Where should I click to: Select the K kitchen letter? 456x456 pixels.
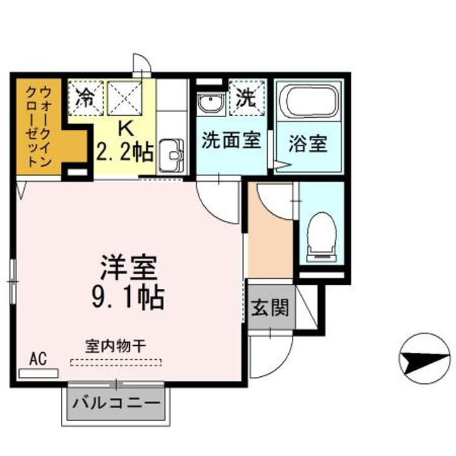(x=124, y=129)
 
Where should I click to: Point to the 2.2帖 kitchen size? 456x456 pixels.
(x=124, y=151)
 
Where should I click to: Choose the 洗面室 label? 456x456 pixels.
(x=231, y=140)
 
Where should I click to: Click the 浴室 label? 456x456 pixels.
(x=308, y=144)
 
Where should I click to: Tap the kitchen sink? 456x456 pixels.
(x=170, y=153)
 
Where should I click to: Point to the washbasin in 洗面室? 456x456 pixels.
(x=210, y=104)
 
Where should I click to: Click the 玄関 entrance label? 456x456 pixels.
(x=270, y=308)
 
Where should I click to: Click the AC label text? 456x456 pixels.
(x=38, y=358)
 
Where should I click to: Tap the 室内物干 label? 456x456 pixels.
(x=116, y=346)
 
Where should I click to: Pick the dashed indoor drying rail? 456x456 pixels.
(x=116, y=363)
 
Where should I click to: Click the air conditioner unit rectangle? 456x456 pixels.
(x=38, y=373)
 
